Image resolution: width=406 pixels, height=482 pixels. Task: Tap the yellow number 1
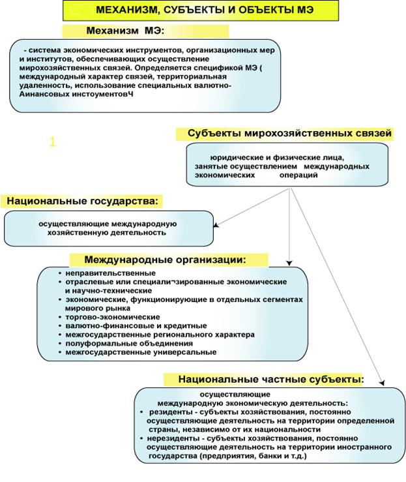tap(53, 141)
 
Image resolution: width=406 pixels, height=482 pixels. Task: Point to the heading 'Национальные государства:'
tap(83, 201)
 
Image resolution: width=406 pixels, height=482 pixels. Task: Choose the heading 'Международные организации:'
tap(166, 260)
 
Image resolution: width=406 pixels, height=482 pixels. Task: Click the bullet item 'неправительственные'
tap(110, 272)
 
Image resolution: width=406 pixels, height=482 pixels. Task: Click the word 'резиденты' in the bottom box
tap(169, 412)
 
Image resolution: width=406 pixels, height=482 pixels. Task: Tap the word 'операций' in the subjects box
tap(299, 175)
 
